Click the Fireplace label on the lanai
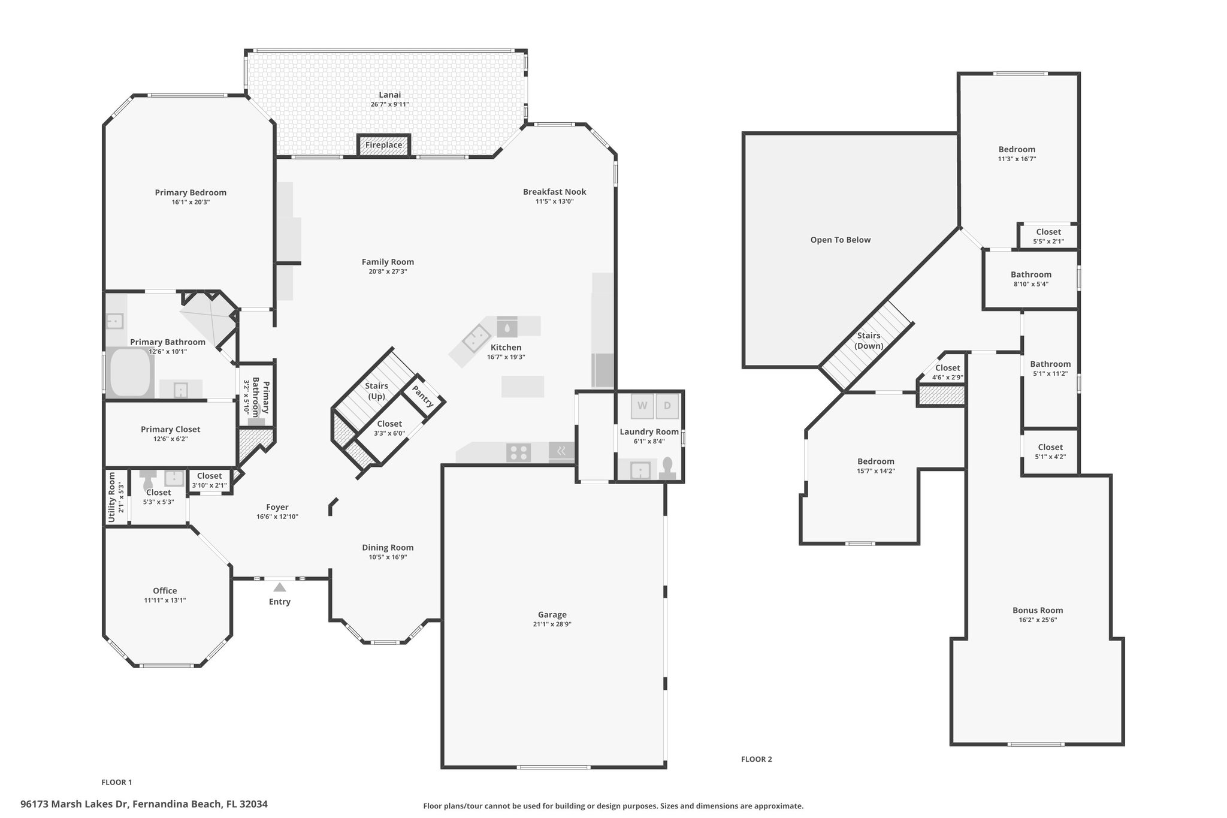tap(383, 145)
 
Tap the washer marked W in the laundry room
tap(642, 406)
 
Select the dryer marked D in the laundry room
tap(667, 406)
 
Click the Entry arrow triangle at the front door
tap(280, 587)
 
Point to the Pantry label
tap(423, 396)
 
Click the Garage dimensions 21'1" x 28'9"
tap(552, 624)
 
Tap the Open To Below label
tap(841, 240)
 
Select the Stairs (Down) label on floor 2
tap(869, 340)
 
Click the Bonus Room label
tap(1038, 610)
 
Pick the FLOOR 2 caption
tap(757, 759)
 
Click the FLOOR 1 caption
tap(117, 782)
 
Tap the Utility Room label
tap(111, 497)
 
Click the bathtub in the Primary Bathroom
tap(131, 372)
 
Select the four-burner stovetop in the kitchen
tap(518, 452)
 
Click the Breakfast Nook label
tap(554, 192)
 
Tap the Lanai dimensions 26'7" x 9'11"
tap(389, 104)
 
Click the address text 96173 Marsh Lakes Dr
tap(75, 804)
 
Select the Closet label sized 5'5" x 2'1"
tap(1048, 232)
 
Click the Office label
tap(165, 590)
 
